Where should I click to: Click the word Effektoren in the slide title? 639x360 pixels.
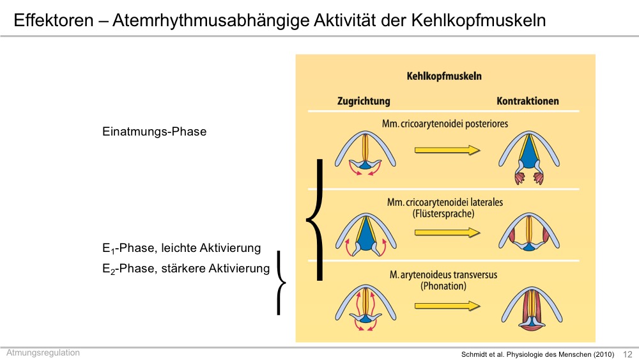[54, 20]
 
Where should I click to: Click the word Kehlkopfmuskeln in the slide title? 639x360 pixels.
[479, 20]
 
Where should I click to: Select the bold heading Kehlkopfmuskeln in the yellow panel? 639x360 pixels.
[444, 76]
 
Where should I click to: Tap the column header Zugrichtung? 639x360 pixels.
[364, 101]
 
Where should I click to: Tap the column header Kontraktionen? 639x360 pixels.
[528, 101]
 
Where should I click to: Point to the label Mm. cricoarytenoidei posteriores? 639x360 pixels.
[445, 123]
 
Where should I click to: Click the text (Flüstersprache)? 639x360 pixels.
[443, 214]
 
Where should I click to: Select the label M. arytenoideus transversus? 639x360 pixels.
[443, 275]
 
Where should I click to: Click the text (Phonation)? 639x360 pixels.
[443, 286]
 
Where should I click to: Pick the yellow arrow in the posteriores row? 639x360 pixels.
[447, 150]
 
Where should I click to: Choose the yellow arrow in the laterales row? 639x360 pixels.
[447, 233]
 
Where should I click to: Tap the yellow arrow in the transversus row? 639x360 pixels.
[447, 306]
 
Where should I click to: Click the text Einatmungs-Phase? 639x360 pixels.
[155, 132]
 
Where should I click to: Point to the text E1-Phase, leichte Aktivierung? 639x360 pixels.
[181, 248]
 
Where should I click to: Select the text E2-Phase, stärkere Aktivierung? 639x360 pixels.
[186, 269]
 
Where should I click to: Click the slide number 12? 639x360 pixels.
[627, 354]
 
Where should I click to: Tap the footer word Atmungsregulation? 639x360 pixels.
[43, 353]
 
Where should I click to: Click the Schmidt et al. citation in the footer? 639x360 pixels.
[537, 354]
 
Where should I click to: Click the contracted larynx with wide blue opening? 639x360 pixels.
[529, 157]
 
